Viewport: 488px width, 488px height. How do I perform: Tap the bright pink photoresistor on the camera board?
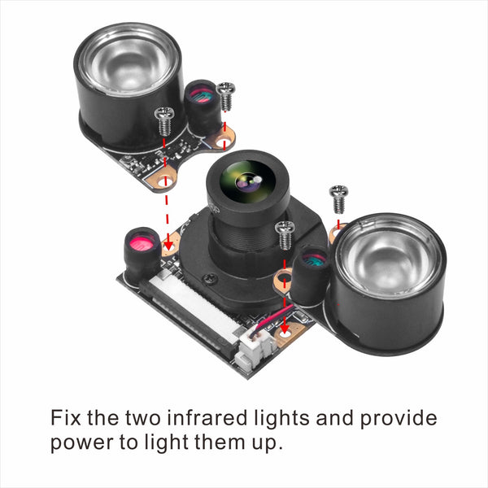click(142, 242)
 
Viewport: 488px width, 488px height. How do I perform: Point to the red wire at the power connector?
click(274, 318)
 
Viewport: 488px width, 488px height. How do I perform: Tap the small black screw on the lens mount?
click(211, 278)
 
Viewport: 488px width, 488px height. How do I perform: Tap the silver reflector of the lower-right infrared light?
click(390, 256)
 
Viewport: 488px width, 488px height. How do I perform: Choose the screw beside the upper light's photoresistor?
click(225, 96)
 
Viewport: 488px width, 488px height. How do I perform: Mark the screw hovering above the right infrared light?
click(338, 198)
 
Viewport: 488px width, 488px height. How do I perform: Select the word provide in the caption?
click(399, 419)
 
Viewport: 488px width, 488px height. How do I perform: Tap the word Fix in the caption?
click(65, 417)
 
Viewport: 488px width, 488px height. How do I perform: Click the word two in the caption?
click(143, 418)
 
